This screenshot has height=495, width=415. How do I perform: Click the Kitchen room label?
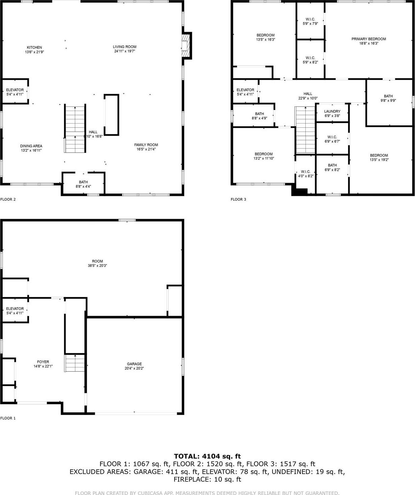34,48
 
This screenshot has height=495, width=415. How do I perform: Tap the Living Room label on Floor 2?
124,47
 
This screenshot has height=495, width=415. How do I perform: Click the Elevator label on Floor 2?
15,90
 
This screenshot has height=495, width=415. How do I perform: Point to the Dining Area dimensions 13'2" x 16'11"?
31,151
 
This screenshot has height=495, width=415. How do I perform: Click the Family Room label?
146,145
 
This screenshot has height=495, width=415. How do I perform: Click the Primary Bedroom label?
368,39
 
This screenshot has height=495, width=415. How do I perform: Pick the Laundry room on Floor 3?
332,113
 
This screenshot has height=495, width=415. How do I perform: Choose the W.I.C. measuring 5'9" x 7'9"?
310,22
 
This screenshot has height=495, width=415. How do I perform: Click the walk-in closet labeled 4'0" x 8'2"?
305,174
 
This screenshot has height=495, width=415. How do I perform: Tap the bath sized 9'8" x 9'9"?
388,98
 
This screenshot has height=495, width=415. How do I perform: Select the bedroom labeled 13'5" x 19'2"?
379,158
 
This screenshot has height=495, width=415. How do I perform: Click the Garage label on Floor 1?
135,364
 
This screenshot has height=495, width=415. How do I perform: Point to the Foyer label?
43,362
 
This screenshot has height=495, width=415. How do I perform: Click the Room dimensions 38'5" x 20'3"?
97,266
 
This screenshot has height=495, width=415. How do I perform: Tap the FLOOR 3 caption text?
238,199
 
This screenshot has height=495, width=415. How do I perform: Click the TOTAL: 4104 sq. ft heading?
207,456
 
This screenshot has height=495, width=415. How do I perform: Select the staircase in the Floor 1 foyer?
75,363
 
